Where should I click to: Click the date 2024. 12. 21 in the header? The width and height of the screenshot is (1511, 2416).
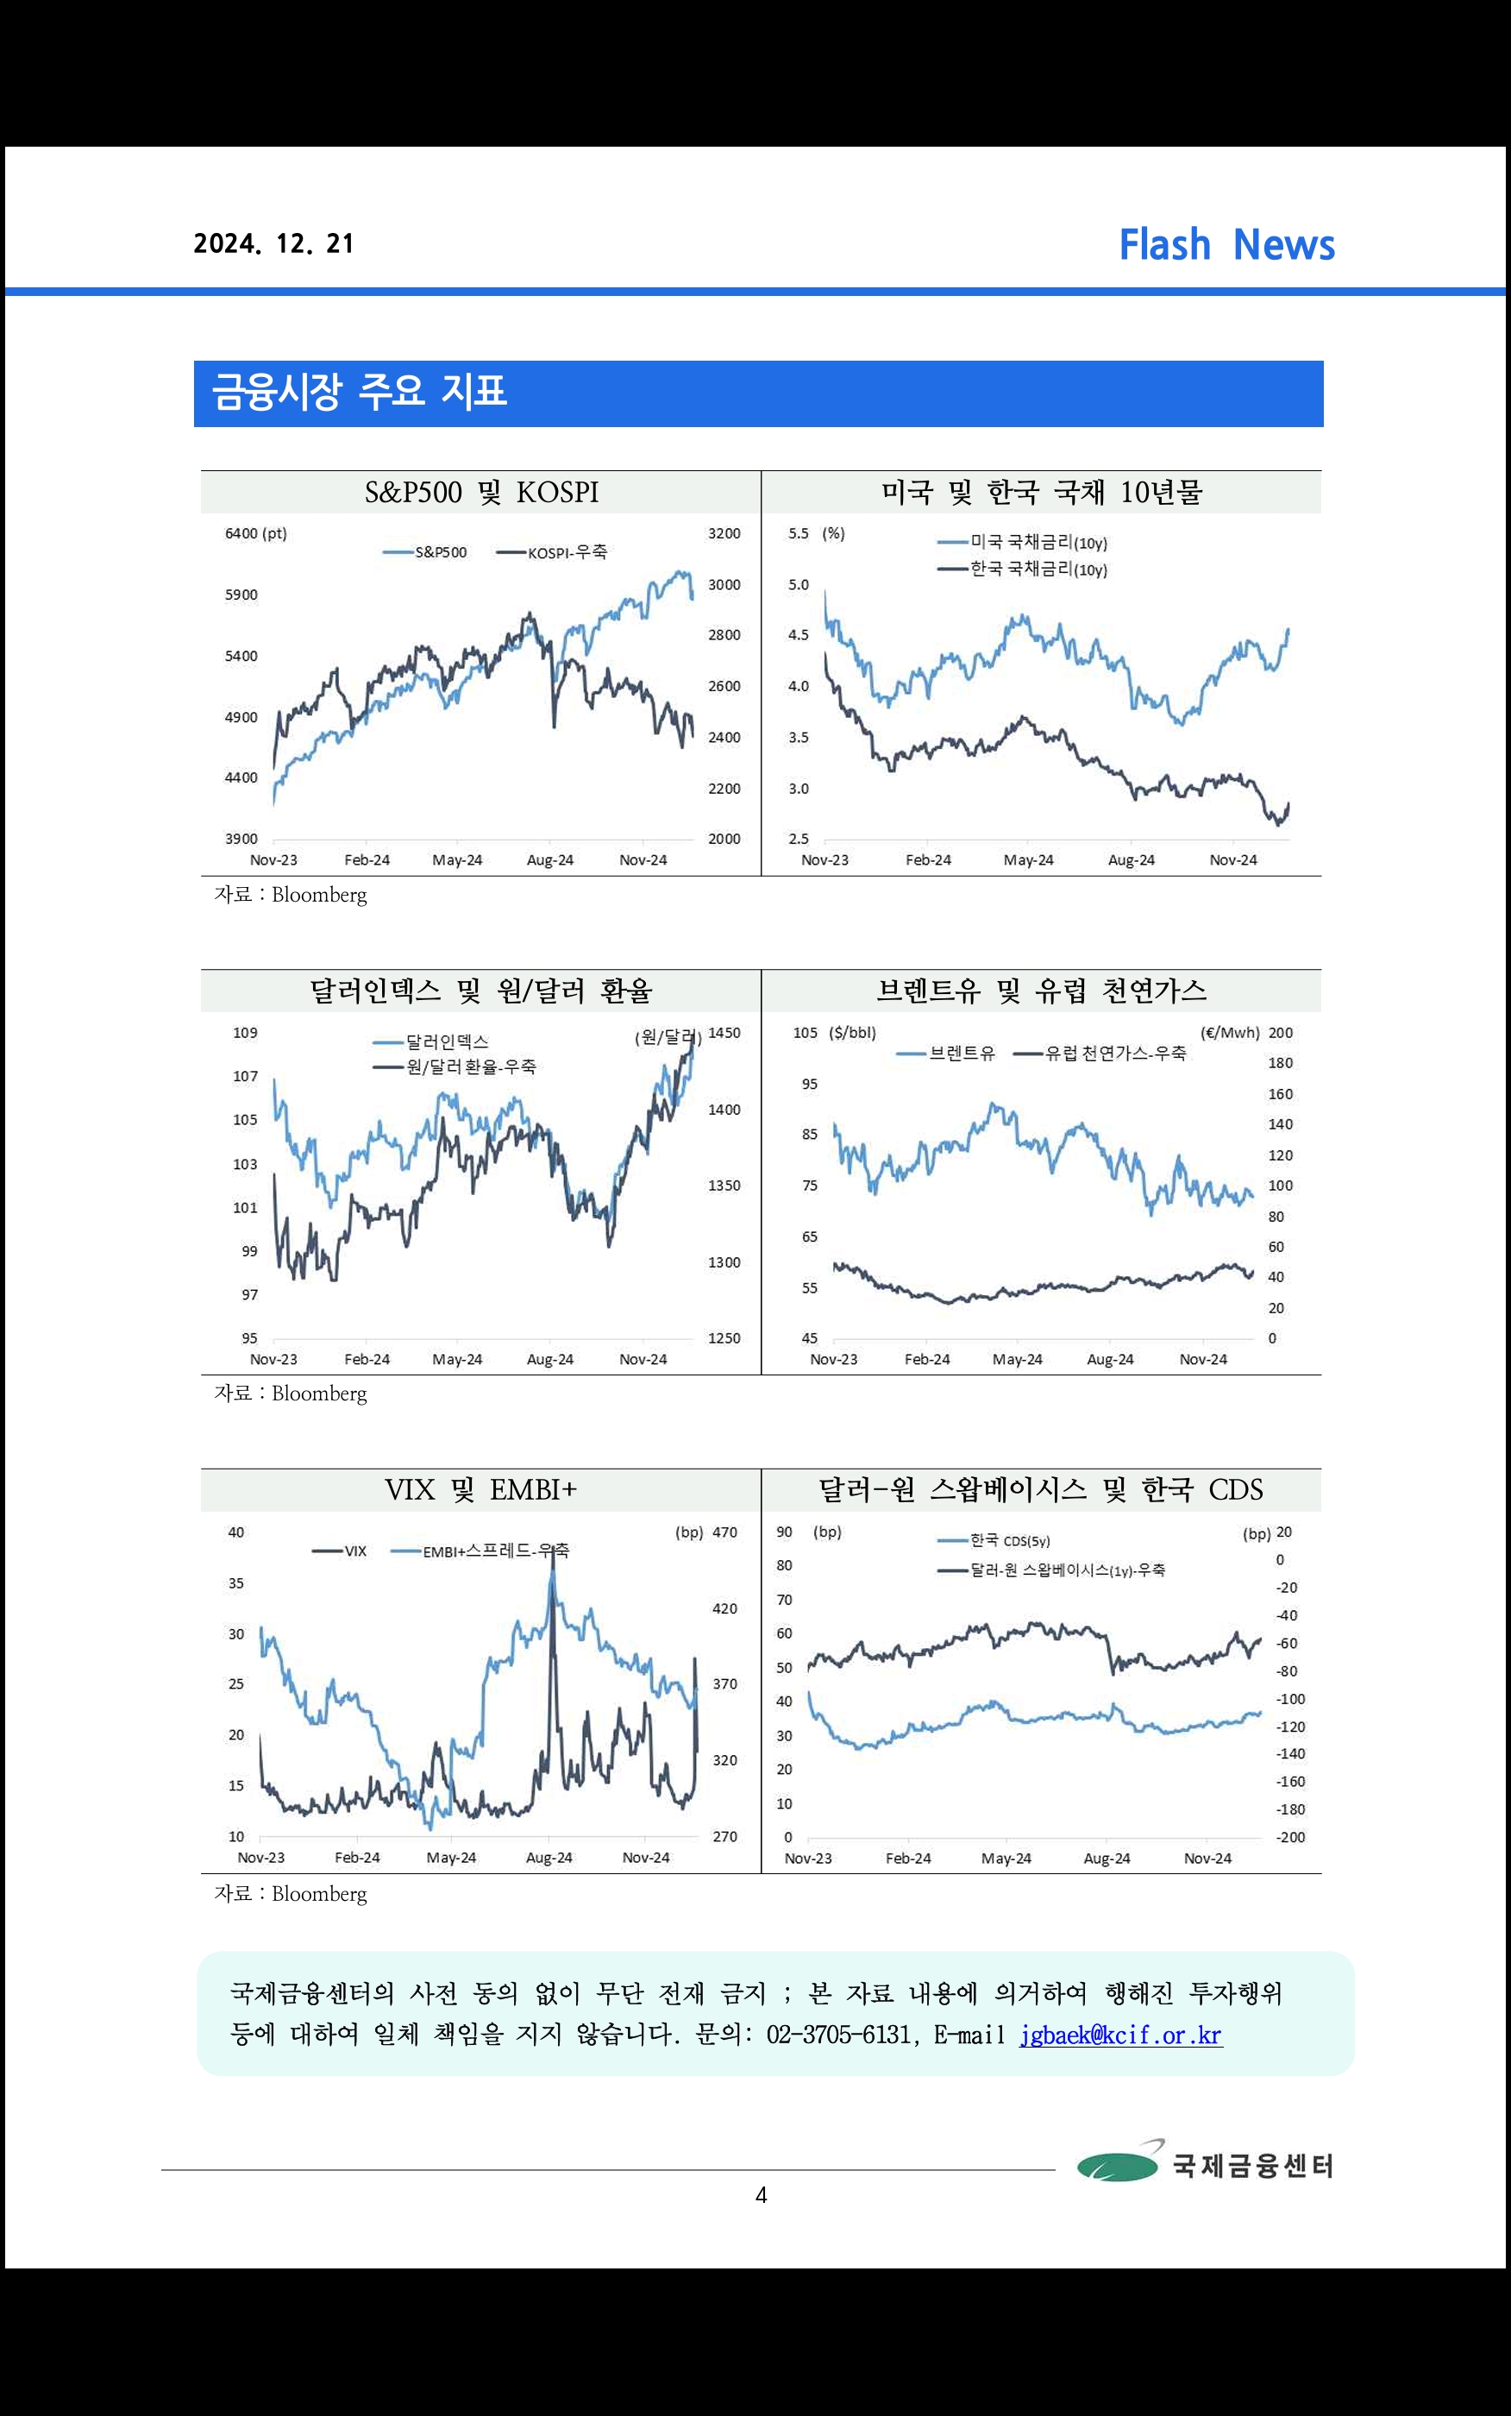tap(273, 244)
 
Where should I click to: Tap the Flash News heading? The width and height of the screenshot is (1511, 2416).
tap(1226, 245)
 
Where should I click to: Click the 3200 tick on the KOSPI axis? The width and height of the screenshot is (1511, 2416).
tap(724, 534)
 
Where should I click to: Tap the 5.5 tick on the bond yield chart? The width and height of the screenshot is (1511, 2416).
tap(798, 534)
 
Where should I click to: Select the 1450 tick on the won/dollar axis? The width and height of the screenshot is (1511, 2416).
tap(724, 1034)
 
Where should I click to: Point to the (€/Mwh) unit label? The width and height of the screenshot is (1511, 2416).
tap(1229, 1034)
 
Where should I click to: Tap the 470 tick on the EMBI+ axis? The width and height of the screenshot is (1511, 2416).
tap(724, 1532)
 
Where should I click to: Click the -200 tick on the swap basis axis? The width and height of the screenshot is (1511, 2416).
tap(1289, 1837)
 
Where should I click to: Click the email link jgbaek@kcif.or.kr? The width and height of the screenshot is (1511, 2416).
tap(1120, 2035)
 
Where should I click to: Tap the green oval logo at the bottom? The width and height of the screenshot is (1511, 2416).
tap(1117, 2166)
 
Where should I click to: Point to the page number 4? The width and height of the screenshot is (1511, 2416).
tap(761, 2195)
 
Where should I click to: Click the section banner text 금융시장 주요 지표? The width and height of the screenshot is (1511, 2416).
tap(360, 393)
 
